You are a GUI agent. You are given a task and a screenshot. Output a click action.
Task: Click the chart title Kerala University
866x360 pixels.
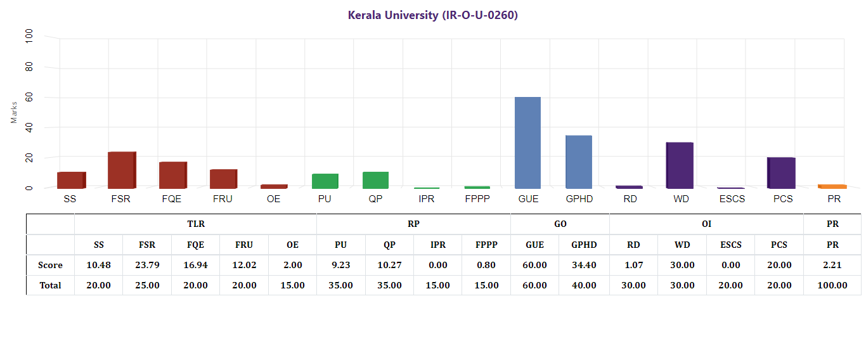433,15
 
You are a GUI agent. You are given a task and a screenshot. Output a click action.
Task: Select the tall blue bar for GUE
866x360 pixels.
527,143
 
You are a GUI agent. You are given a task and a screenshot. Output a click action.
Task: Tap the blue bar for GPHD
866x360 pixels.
578,162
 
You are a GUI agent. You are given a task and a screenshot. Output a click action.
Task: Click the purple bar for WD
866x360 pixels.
680,165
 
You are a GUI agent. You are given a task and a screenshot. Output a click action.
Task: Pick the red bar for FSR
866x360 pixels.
122,170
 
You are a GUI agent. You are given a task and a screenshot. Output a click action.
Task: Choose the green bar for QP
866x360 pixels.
375,180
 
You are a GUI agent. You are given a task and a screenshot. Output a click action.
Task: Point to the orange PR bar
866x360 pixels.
832,186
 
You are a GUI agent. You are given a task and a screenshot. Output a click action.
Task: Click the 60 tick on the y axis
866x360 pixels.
29,98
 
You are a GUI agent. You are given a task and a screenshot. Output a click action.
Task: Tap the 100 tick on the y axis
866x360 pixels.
29,37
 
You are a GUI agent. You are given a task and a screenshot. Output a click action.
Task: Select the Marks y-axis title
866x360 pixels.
14,112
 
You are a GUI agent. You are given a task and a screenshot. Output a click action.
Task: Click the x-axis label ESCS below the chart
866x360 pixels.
731,199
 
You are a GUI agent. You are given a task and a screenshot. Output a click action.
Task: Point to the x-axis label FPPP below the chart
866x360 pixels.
477,199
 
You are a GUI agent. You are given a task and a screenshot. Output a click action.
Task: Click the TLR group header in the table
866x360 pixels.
196,224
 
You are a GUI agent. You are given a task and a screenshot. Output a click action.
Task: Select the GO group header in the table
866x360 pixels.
560,224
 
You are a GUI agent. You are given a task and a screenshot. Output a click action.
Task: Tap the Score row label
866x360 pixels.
50,266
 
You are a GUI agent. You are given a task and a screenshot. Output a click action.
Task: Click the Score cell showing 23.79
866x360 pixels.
147,266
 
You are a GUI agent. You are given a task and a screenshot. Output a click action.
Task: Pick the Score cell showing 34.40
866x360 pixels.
584,266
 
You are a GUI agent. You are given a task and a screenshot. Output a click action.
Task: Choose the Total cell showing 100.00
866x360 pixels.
832,285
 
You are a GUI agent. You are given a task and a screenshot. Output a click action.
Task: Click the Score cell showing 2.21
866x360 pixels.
832,266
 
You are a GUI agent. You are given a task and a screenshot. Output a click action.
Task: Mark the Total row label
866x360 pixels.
50,285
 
